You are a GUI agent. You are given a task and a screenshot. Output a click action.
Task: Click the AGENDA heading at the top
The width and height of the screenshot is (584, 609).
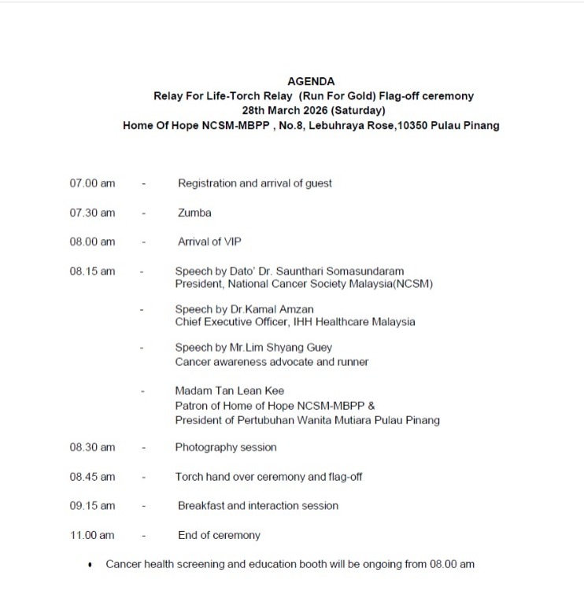tap(311, 81)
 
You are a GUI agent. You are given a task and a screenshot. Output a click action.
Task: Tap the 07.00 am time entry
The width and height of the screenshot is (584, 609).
tap(92, 183)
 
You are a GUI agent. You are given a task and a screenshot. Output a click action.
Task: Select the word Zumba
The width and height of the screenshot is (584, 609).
tap(194, 212)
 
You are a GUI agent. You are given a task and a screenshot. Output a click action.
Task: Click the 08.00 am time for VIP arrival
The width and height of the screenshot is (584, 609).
tap(92, 242)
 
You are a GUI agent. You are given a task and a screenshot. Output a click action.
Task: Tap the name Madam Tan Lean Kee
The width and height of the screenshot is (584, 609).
tap(229, 391)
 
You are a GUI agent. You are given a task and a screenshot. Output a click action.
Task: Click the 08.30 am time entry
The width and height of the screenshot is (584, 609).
tap(92, 447)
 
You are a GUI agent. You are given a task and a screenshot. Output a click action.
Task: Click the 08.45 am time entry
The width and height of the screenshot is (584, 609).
tap(92, 476)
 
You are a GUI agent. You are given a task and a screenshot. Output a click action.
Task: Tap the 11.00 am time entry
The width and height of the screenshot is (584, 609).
tap(92, 535)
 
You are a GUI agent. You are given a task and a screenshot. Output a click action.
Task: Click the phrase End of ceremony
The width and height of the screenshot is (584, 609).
tap(219, 535)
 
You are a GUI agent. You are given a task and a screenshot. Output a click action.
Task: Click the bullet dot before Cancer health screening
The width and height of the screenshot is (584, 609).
tap(91, 565)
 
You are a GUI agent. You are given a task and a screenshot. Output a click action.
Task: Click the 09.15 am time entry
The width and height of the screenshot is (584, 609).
tap(92, 505)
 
